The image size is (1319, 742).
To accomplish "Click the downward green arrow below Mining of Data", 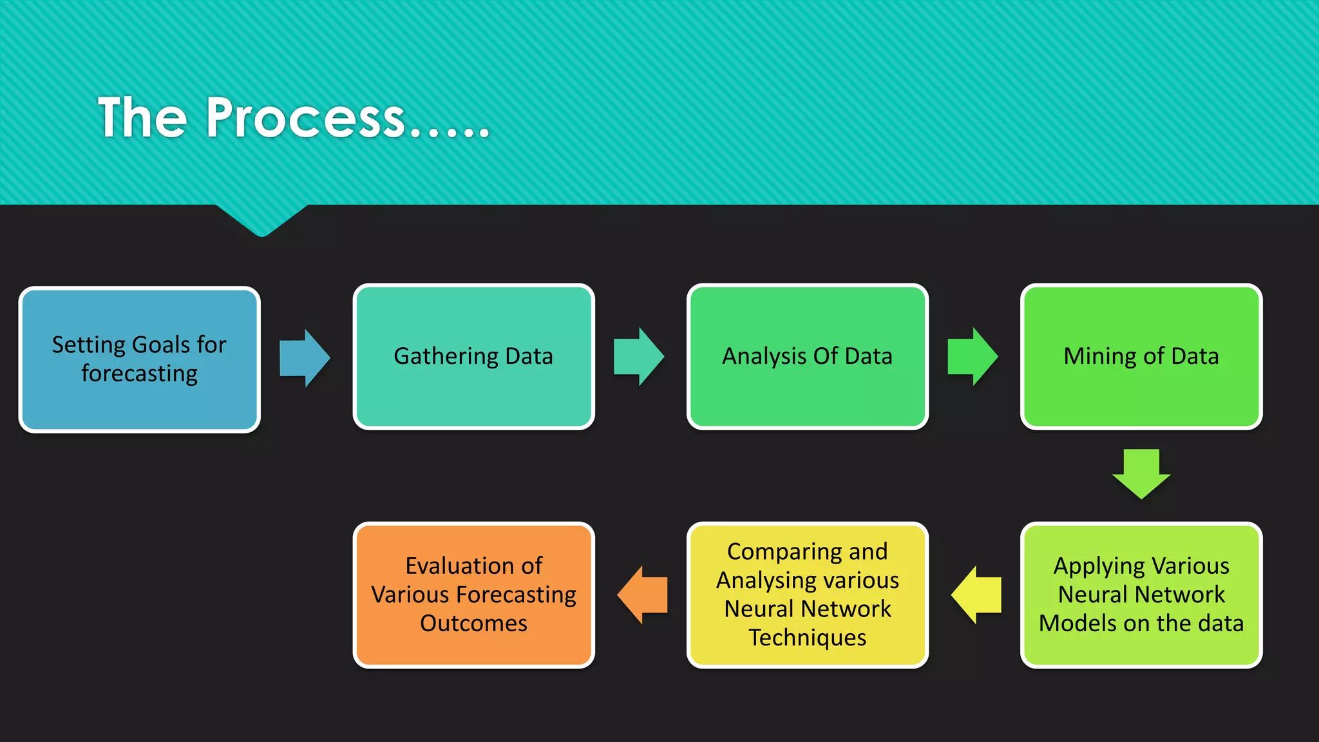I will [1141, 473].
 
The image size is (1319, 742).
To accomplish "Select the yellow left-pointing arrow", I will [977, 595].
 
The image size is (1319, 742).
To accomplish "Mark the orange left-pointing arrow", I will [643, 595].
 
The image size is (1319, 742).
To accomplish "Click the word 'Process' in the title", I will [305, 118].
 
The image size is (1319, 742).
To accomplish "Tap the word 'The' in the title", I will [142, 118].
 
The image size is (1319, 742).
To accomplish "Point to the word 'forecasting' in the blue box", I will [139, 374].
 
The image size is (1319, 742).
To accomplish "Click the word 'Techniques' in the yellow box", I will [807, 638].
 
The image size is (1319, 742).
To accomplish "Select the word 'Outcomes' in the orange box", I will [473, 623].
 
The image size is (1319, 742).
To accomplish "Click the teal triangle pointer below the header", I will [261, 219].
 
